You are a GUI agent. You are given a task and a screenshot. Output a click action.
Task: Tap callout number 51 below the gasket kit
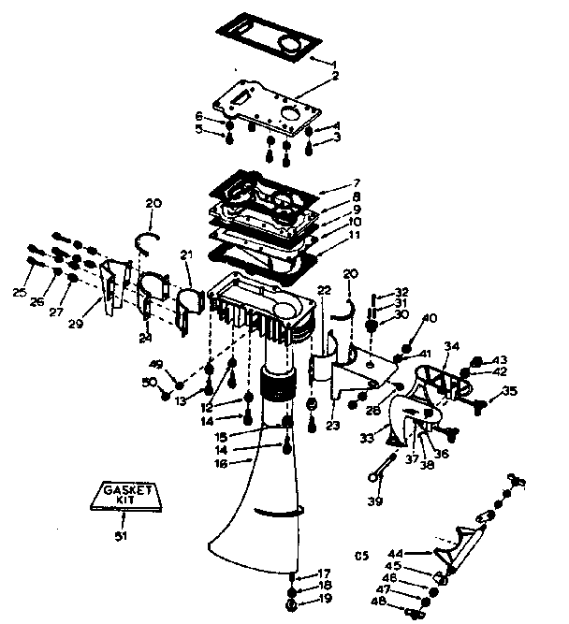[121, 535]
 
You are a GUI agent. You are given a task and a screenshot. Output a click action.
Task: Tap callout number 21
[185, 254]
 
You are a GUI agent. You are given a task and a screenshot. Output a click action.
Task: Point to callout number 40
[430, 318]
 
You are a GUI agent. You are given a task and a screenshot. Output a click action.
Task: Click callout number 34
[452, 347]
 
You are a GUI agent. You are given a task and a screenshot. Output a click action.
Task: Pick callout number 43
[501, 360]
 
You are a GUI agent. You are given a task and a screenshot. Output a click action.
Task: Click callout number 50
[148, 382]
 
